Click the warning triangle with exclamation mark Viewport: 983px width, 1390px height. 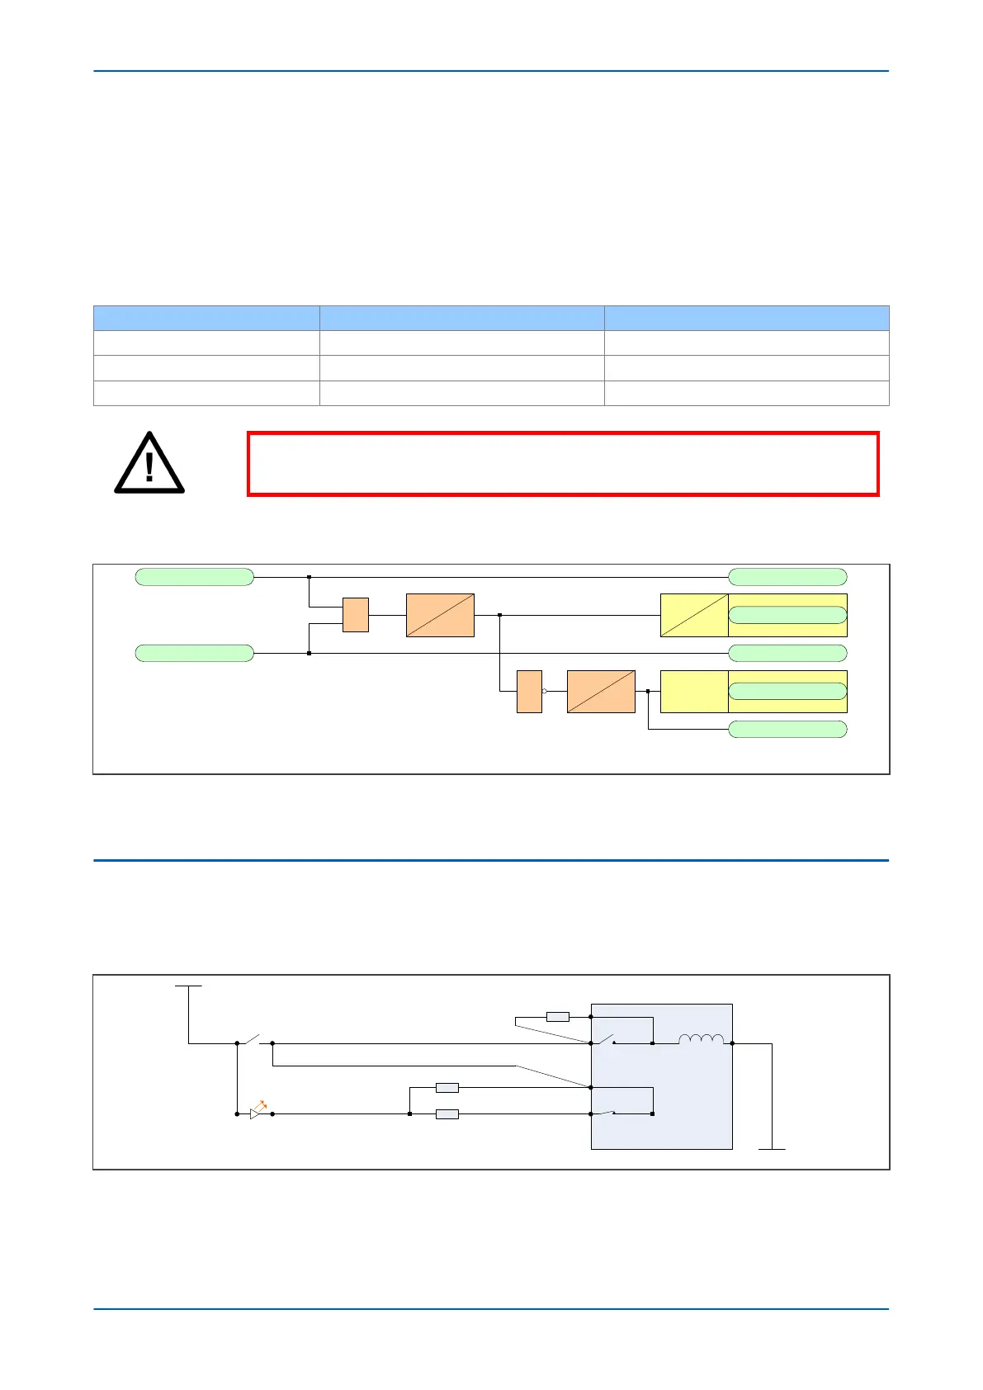(149, 463)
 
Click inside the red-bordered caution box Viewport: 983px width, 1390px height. (563, 463)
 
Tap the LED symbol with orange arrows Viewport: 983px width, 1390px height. (258, 1111)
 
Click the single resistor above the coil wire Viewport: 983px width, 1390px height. (558, 1017)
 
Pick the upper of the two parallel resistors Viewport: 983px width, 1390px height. (447, 1088)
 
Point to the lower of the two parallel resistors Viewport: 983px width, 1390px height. (447, 1114)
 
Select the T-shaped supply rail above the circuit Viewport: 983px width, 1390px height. (188, 986)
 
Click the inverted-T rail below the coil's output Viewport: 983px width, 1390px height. (772, 1147)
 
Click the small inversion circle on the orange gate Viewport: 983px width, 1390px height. (545, 691)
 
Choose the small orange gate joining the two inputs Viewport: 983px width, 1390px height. (355, 615)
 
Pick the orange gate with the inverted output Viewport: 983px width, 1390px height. (529, 691)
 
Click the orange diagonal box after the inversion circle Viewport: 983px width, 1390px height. (601, 691)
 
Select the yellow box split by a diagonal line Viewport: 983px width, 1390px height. (694, 615)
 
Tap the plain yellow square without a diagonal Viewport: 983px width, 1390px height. (694, 691)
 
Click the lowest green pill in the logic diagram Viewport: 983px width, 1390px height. (787, 729)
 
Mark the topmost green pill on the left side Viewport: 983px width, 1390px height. (194, 577)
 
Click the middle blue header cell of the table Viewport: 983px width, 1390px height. (461, 318)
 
